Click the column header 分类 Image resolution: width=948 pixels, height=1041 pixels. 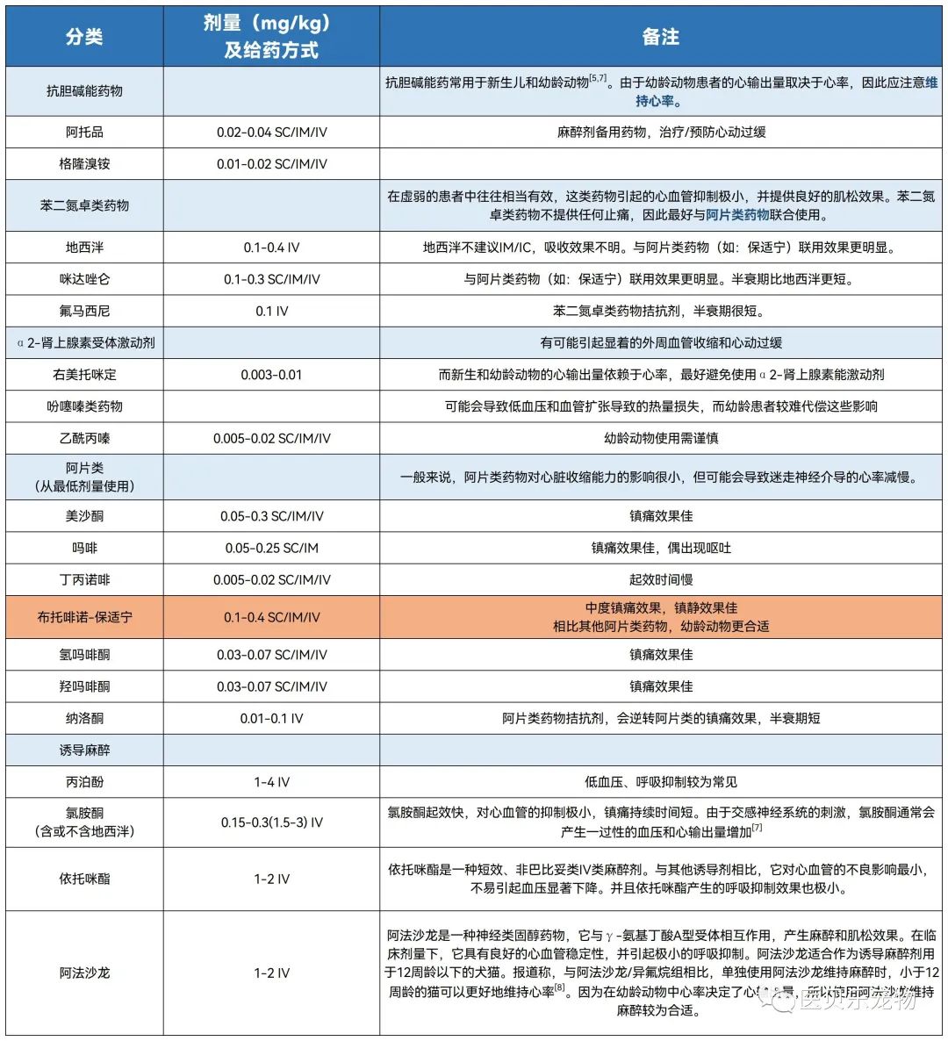(x=84, y=36)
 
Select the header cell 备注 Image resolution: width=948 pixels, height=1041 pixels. (x=660, y=36)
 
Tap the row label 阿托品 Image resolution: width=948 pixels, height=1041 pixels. (x=84, y=132)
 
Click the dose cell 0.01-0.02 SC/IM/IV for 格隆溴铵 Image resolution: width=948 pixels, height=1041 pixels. (x=271, y=164)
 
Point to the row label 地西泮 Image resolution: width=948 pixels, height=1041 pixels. (x=84, y=248)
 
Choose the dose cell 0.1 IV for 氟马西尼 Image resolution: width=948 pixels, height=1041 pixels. (x=271, y=311)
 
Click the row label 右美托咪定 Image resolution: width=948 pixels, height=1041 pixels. (x=84, y=375)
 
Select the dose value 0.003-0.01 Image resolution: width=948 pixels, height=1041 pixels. (x=271, y=375)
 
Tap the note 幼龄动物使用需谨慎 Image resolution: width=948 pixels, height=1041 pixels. (x=660, y=438)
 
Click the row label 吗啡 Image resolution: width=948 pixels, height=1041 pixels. (x=84, y=548)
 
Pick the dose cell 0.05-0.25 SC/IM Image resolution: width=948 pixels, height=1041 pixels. (x=271, y=548)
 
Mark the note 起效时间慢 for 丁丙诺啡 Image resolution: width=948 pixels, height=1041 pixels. (x=660, y=579)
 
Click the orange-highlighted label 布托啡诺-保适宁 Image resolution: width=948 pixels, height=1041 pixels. (x=84, y=617)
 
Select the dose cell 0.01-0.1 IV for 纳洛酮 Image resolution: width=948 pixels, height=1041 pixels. (x=271, y=718)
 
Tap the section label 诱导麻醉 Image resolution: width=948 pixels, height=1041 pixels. (x=84, y=750)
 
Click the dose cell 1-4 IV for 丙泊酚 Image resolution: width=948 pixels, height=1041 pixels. (x=271, y=782)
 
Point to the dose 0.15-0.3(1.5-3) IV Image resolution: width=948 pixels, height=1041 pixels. (x=271, y=822)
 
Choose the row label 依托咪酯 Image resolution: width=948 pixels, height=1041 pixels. (x=84, y=879)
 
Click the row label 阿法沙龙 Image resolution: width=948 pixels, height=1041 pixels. (x=84, y=973)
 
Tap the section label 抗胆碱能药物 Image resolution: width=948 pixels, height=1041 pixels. (x=84, y=90)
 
